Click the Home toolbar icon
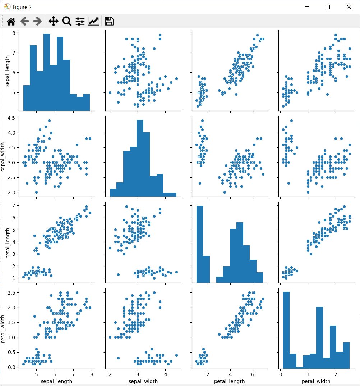tap(11, 22)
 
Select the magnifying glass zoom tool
tap(66, 21)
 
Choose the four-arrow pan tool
tap(53, 21)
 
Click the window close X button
tap(349, 7)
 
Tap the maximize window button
tap(328, 7)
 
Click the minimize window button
tap(307, 7)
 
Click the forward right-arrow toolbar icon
tap(37, 22)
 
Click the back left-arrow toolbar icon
tap(24, 22)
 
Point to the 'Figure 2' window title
tap(22, 7)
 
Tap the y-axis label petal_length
tap(7, 244)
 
